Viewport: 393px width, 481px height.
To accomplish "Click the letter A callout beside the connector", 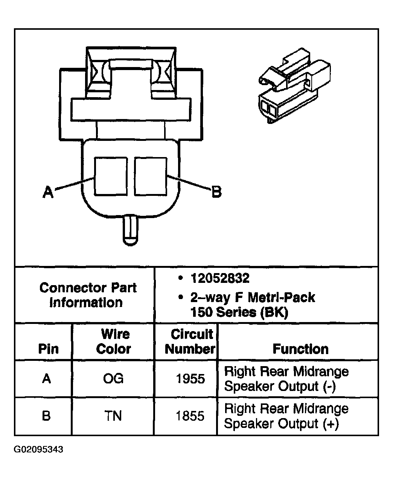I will coord(48,192).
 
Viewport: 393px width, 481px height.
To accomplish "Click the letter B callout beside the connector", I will coord(216,192).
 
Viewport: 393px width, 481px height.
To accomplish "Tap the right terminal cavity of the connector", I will coord(151,176).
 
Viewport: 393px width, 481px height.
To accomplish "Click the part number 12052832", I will coord(220,278).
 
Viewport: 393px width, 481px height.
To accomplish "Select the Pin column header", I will coord(48,349).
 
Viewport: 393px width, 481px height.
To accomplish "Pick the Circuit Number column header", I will coord(190,341).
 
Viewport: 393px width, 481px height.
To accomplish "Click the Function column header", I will coord(300,349).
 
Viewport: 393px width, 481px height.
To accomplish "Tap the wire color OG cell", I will coord(113,379).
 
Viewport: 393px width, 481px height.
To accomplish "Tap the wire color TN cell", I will coord(113,416).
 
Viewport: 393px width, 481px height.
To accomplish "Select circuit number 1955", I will coord(190,379).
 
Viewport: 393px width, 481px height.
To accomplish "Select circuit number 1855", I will coord(190,416).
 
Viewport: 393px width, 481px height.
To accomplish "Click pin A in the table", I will coord(46,379).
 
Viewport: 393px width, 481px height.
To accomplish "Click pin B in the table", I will coord(46,416).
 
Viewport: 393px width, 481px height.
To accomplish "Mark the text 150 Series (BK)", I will coord(239,313).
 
